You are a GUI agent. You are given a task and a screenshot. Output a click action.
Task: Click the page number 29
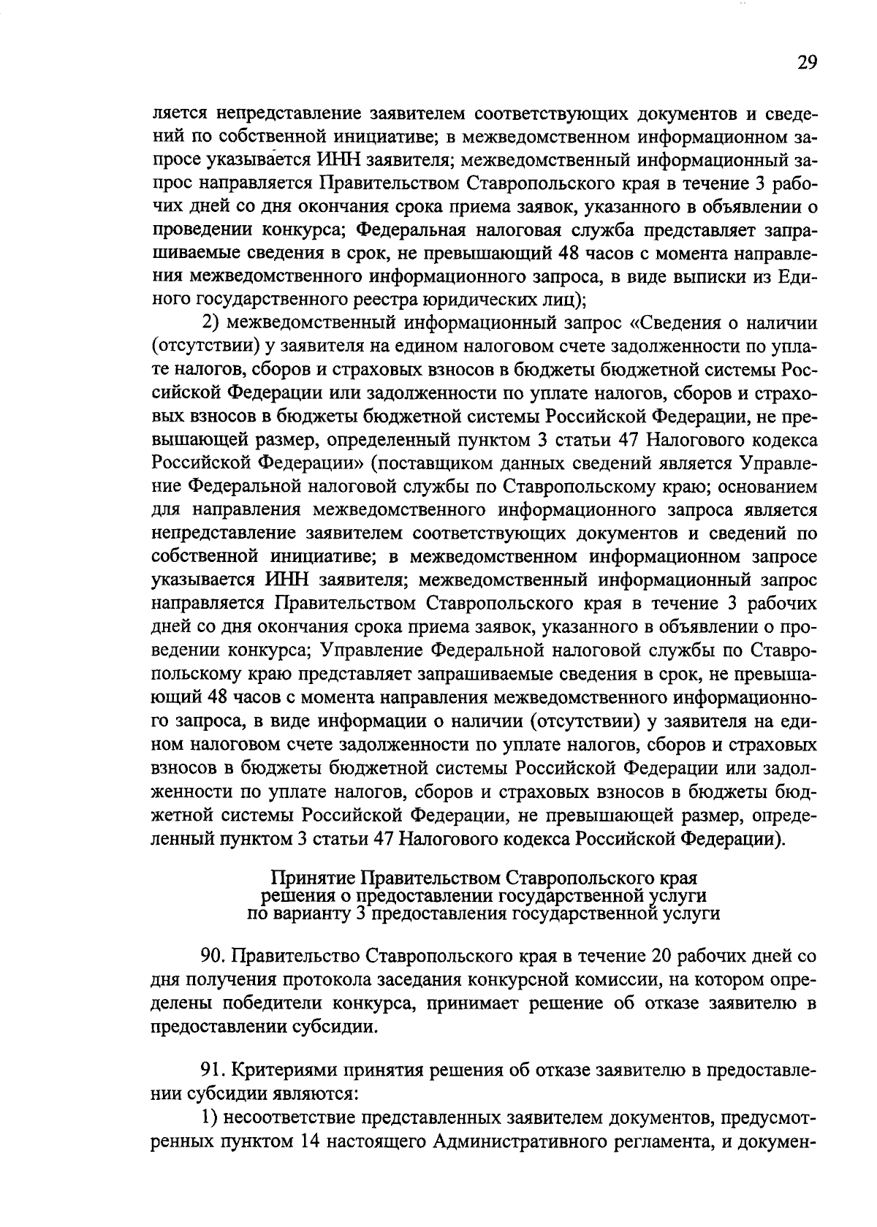[x=807, y=63]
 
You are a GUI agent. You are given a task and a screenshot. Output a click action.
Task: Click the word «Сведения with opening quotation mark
[x=683, y=322]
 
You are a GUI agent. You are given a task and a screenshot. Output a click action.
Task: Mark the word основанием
[x=770, y=487]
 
